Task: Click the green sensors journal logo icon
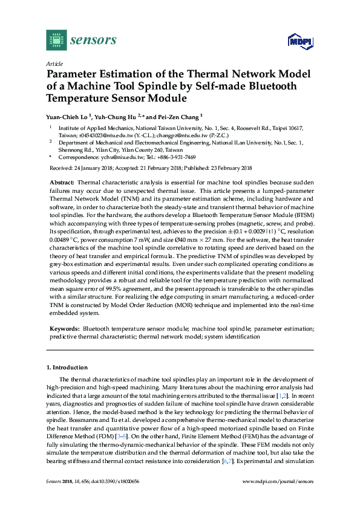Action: tap(56, 41)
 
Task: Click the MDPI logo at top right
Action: tap(299, 41)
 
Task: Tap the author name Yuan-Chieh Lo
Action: tap(67, 116)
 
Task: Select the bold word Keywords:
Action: tap(64, 328)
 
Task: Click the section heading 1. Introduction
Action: tap(67, 367)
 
